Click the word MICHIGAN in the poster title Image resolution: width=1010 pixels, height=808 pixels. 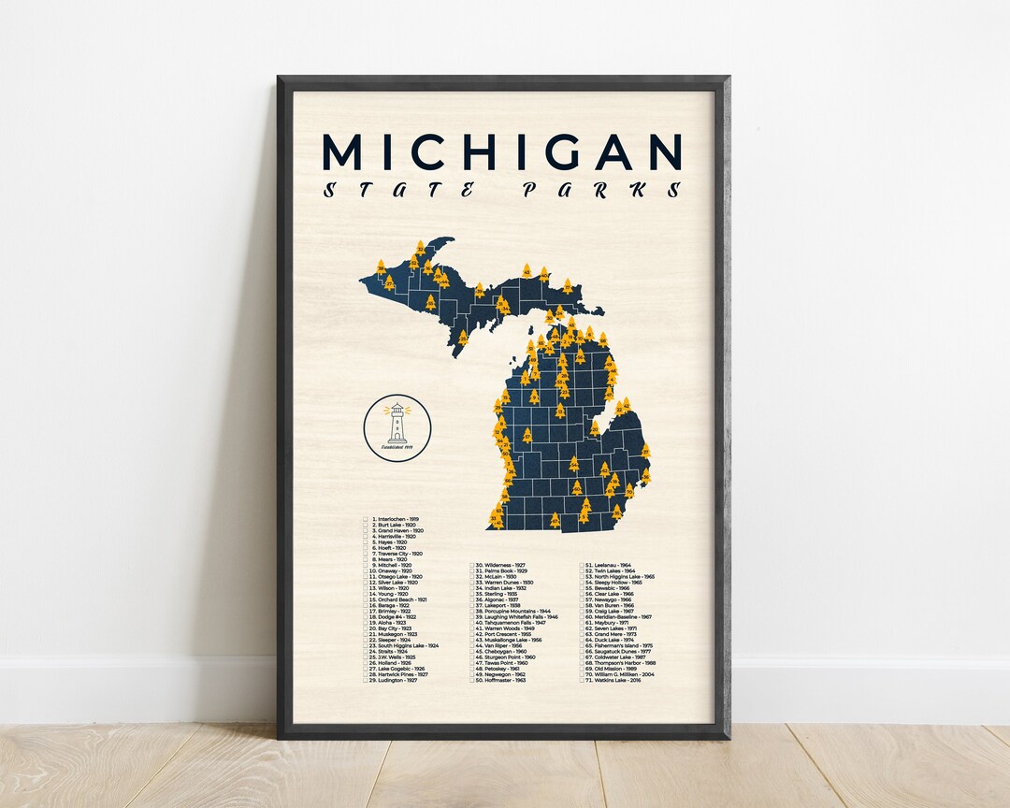pyautogui.click(x=502, y=151)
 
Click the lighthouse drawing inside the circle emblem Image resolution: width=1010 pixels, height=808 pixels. pyautogui.click(x=397, y=423)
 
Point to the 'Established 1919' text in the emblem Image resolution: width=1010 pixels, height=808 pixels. pyautogui.click(x=397, y=447)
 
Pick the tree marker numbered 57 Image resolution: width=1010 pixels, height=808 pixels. pyautogui.click(x=527, y=436)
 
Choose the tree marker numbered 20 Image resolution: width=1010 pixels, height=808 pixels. pyautogui.click(x=595, y=429)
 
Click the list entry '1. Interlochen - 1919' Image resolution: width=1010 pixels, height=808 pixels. pyautogui.click(x=395, y=517)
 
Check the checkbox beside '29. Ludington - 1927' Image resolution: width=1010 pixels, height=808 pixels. pyautogui.click(x=366, y=681)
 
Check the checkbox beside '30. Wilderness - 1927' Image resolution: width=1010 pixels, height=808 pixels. pyautogui.click(x=472, y=566)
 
